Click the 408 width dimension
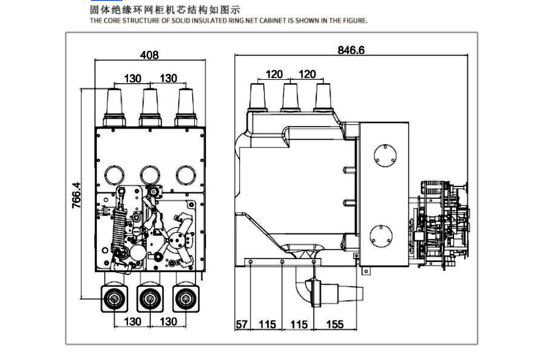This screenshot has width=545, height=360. [150, 55]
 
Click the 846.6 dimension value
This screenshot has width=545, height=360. [351, 50]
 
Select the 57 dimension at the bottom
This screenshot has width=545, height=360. [242, 324]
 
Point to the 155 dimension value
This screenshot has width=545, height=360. [334, 324]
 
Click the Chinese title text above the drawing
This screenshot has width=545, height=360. [165, 10]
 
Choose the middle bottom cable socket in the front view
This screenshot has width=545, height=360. [150, 300]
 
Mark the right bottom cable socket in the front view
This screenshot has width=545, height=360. [186, 300]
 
